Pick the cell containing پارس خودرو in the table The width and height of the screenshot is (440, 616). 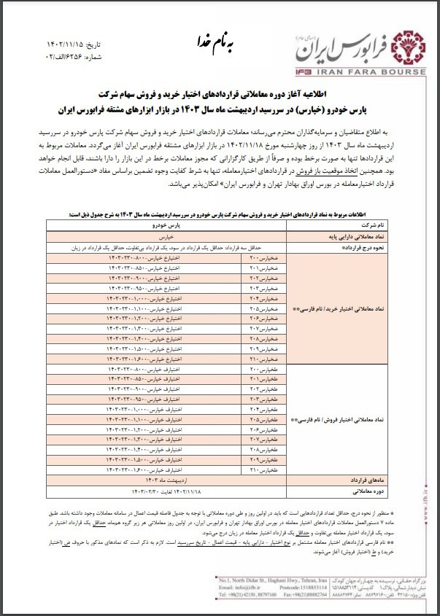tap(169, 226)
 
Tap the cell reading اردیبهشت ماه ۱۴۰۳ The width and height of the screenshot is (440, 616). tap(169, 482)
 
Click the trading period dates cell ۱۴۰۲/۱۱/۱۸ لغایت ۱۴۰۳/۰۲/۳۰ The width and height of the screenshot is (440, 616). tap(169, 492)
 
